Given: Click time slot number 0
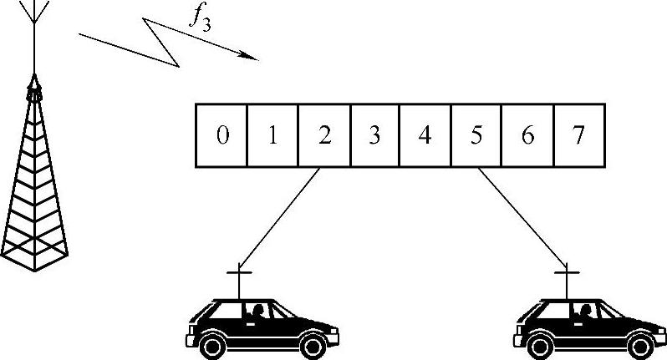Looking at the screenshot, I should click(x=221, y=135).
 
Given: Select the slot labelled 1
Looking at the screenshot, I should click(x=272, y=135).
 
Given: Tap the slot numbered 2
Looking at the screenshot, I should click(x=324, y=135).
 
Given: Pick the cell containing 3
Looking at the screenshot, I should click(x=374, y=135).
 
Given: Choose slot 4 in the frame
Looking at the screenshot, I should click(x=425, y=135).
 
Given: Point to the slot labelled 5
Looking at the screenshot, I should click(x=476, y=135).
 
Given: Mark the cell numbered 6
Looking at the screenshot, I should click(x=527, y=135).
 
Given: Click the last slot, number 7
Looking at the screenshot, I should click(x=578, y=135).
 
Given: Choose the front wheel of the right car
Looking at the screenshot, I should click(x=645, y=342).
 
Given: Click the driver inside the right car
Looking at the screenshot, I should click(x=588, y=311).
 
